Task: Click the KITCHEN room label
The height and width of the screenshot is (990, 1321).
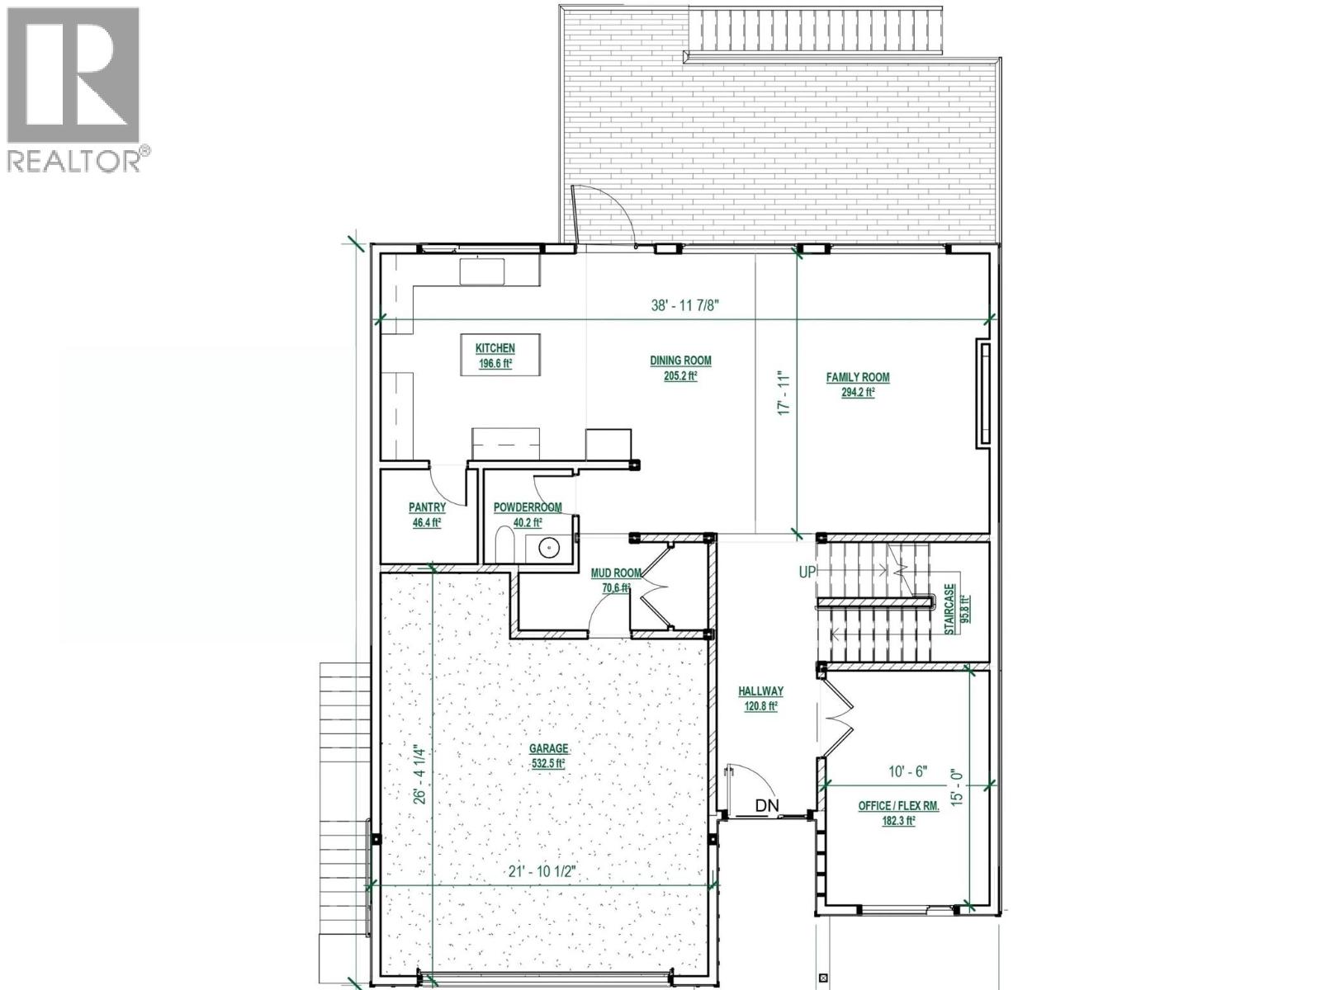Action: tap(495, 349)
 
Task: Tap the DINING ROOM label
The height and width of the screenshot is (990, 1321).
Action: tap(680, 361)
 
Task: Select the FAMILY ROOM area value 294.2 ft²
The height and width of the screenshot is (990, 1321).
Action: tap(858, 393)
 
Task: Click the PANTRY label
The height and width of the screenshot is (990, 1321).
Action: tap(427, 507)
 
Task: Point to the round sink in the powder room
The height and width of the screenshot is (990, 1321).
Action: tap(547, 546)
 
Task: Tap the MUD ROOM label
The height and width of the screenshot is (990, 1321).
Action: tap(616, 573)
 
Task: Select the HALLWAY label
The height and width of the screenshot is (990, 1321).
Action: tap(760, 691)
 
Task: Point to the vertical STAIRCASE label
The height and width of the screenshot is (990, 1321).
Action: tap(951, 610)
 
